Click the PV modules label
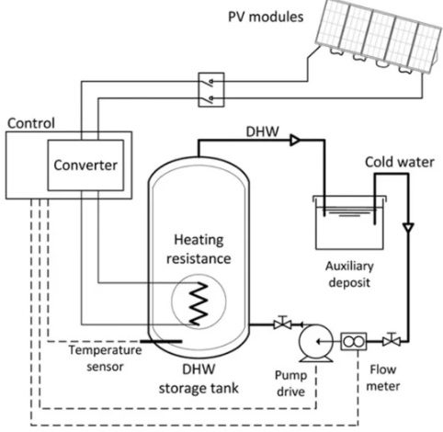[x=266, y=17]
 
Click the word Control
[x=31, y=123]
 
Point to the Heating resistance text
[x=199, y=249]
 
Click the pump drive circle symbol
[x=316, y=342]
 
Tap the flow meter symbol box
[x=354, y=341]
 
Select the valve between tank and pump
[x=282, y=323]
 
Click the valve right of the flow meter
[x=392, y=340]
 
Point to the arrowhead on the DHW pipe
[x=295, y=141]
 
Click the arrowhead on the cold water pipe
[x=408, y=228]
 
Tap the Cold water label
[x=400, y=162]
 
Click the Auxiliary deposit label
[x=349, y=274]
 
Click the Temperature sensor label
[x=105, y=358]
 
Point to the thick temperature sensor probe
[x=161, y=341]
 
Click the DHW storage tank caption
[x=199, y=379]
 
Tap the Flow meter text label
[x=383, y=378]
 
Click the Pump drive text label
[x=290, y=383]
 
